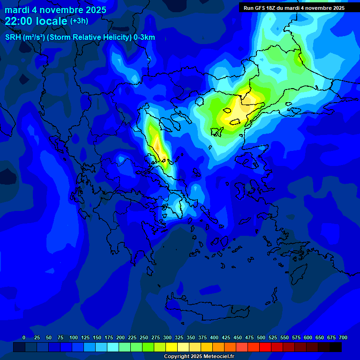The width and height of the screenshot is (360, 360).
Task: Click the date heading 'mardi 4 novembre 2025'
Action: point(55,10)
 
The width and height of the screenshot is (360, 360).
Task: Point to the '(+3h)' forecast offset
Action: point(79,21)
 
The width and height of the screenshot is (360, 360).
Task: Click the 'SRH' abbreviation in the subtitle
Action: point(14,37)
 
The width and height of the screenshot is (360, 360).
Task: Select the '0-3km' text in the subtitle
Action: point(144,37)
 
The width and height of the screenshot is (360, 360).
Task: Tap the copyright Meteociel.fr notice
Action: point(199,357)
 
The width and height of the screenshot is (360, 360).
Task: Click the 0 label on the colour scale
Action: point(24,337)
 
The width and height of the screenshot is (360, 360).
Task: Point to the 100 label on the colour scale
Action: point(74,337)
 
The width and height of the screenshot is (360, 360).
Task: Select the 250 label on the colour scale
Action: point(144,337)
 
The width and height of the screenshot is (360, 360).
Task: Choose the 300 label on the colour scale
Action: point(167,337)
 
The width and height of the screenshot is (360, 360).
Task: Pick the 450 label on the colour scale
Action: point(238,337)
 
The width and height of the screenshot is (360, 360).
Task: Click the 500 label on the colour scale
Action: point(261,337)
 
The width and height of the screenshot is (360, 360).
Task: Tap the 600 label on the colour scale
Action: point(308,337)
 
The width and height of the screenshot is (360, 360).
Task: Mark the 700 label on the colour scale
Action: point(343,337)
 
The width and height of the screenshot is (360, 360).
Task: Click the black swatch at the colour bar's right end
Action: point(336,347)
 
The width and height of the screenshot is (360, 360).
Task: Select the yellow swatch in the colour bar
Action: point(172,347)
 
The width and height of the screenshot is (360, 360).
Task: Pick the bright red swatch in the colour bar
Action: point(265,347)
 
